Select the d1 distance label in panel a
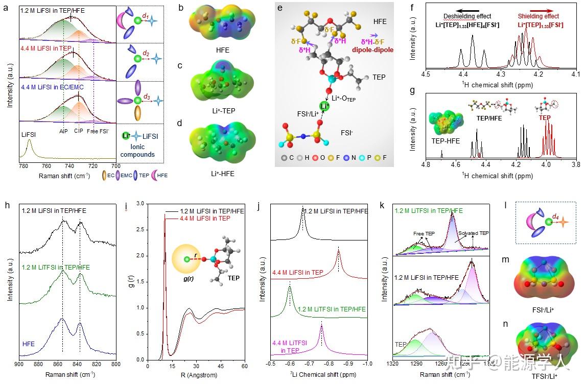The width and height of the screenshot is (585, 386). [x=146, y=16]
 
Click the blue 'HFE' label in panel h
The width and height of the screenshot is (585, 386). [x=29, y=344]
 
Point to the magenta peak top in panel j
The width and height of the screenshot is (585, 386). [x=321, y=325]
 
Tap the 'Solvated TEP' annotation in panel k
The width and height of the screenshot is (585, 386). [x=474, y=233]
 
